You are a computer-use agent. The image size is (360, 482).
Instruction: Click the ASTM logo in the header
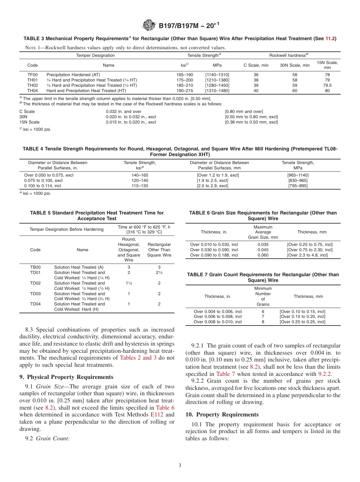(x=149, y=25)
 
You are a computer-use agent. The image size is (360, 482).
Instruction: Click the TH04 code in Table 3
(x=33, y=91)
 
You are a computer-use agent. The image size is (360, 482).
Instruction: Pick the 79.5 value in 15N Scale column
(x=327, y=86)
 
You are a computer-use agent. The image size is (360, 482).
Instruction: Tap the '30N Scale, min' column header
(x=294, y=65)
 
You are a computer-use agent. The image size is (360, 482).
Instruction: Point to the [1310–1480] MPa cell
(x=217, y=91)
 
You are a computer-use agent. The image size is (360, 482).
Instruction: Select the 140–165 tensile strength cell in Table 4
(x=140, y=175)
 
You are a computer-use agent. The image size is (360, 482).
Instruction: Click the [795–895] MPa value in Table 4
(x=298, y=186)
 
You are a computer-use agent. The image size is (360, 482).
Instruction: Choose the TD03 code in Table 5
(x=35, y=294)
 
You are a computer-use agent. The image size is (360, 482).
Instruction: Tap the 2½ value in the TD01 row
(x=159, y=272)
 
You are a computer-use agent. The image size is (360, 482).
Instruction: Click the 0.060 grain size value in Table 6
(x=263, y=255)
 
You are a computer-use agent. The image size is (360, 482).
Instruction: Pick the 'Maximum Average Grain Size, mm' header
(x=263, y=232)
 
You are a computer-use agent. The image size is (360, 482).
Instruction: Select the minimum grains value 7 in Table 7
(x=263, y=316)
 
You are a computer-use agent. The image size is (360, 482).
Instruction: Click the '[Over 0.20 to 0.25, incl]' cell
(x=302, y=322)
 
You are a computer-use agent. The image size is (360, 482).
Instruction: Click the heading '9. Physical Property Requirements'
(x=66, y=377)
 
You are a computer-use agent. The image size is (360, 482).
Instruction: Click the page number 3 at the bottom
(x=180, y=465)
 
